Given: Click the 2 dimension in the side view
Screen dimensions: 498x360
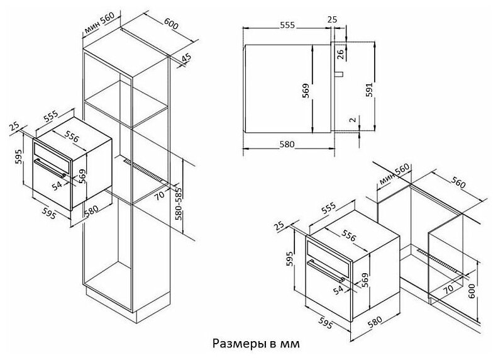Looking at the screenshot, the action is [353, 120].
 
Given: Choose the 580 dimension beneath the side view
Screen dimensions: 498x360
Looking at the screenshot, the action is [287, 144].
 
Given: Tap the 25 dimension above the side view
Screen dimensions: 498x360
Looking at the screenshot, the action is [333, 20].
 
